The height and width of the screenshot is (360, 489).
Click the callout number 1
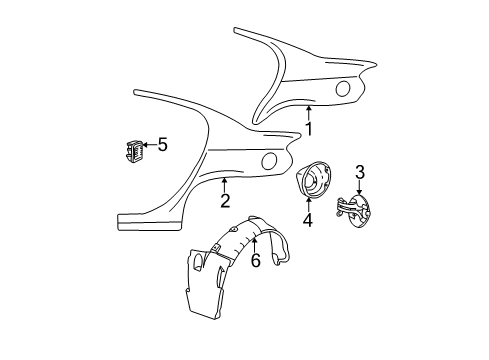tap(309, 129)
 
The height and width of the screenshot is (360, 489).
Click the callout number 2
tap(226, 200)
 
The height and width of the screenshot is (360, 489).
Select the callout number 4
tap(308, 220)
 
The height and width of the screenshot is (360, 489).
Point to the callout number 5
tap(162, 145)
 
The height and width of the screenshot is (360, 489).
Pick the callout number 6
tap(256, 260)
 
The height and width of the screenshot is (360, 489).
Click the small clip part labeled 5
tap(133, 150)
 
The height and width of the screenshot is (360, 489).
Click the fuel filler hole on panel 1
tap(342, 90)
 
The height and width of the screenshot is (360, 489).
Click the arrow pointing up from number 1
tap(309, 111)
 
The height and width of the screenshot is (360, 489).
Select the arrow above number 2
tap(226, 183)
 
